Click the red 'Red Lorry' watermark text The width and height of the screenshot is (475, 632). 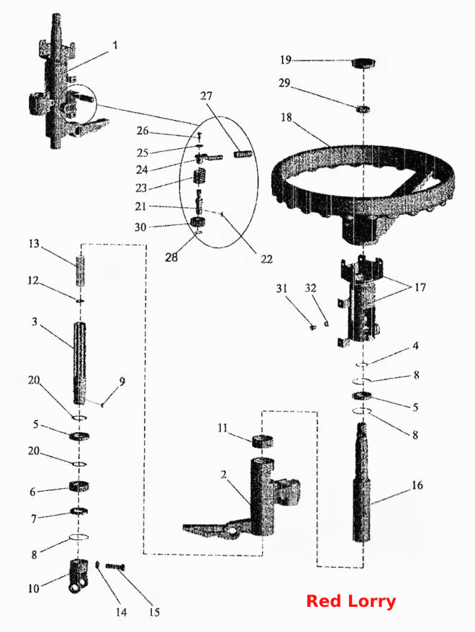point(350,601)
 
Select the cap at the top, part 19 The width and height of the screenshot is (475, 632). point(363,63)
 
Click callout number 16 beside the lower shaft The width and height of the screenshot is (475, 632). point(417,485)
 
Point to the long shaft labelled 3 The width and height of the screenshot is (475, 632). point(79,363)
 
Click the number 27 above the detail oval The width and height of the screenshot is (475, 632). point(206,96)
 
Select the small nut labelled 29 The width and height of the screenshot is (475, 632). point(364,109)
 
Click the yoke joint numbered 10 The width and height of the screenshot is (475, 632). point(78,576)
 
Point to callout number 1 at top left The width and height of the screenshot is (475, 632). point(115,45)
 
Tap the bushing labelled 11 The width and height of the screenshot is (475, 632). point(262,441)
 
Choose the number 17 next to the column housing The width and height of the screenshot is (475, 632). point(420,288)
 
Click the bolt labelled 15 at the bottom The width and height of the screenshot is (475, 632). point(115,567)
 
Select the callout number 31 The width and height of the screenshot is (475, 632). point(281,288)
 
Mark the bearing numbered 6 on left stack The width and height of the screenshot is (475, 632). point(79,487)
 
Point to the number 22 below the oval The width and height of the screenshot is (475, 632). point(266,259)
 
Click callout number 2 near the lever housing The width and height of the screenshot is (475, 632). point(224,475)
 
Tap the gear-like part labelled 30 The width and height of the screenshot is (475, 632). point(198,222)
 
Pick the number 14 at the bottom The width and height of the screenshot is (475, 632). point(121,613)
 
